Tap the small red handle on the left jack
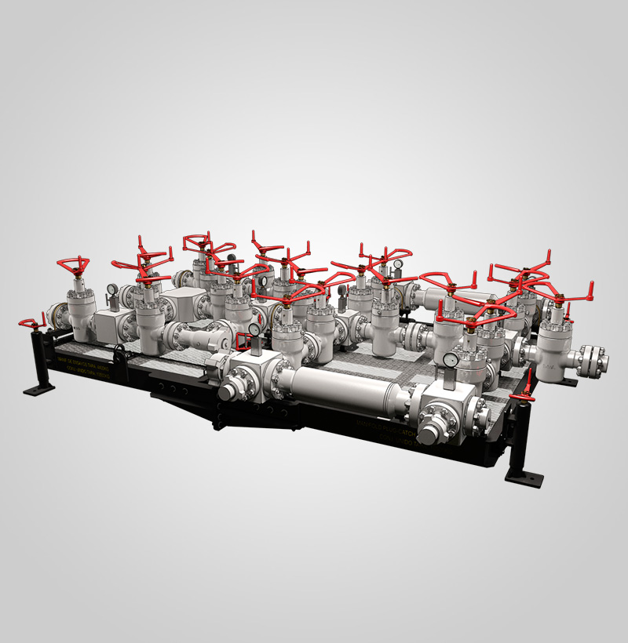pos(30,322)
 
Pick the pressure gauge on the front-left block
pos(254,330)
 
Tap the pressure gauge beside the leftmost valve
pos(113,289)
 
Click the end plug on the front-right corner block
pos(430,431)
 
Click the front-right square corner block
pos(455,404)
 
